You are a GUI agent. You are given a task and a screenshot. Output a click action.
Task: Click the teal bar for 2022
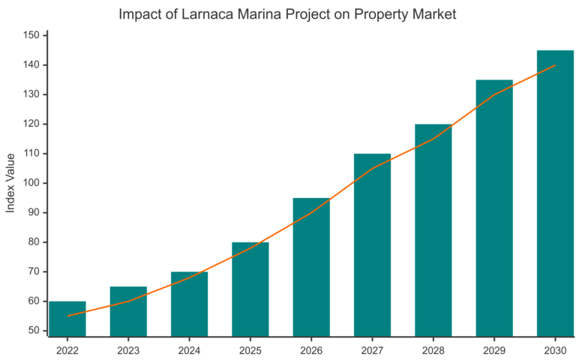point(67,319)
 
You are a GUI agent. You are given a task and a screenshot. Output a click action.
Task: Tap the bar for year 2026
point(311,267)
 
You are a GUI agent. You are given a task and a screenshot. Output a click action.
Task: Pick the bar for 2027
point(372,245)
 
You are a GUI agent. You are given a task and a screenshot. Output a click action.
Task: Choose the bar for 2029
point(494,208)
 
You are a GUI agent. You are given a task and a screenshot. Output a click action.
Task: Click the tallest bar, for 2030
point(555,193)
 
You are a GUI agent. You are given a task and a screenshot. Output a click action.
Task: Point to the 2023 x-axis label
point(128,349)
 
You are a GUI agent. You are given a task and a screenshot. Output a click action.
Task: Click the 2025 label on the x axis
point(250,349)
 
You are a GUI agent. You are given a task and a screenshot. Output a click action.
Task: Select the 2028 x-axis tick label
point(433,349)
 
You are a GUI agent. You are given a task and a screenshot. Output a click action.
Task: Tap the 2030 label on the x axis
point(555,349)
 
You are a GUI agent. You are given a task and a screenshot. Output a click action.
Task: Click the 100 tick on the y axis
point(31,183)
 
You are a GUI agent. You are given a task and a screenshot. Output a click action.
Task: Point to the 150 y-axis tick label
point(31,35)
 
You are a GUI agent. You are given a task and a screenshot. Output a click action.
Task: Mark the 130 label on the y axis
point(31,94)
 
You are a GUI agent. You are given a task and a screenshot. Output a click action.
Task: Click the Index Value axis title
point(10,183)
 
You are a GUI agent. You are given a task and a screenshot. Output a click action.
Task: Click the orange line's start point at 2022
point(67,316)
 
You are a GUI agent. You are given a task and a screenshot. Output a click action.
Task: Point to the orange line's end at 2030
point(555,65)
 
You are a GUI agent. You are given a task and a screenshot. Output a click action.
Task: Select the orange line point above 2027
point(372,169)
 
